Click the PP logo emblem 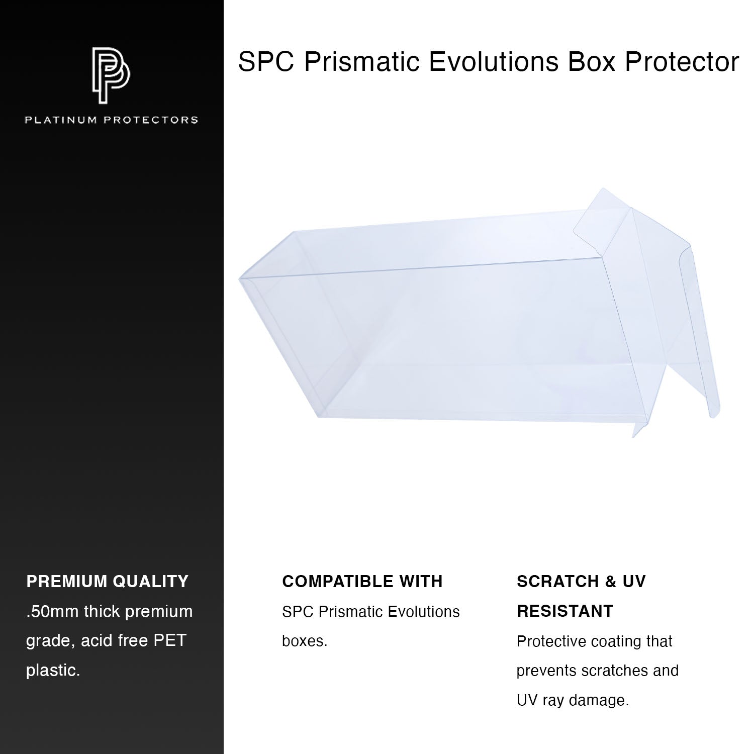click(111, 75)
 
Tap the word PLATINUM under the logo click(61, 120)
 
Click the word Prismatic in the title click(361, 62)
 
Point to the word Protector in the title click(682, 62)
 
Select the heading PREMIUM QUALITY click(107, 582)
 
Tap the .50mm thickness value click(52, 612)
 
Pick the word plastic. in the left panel click(53, 671)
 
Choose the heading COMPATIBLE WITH click(362, 582)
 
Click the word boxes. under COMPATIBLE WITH click(305, 641)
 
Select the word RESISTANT click(565, 611)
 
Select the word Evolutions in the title click(493, 62)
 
